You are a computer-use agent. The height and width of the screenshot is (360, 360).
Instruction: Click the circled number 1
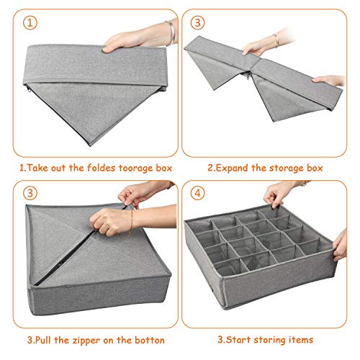coord(30,23)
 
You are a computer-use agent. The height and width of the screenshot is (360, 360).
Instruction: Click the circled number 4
coord(197,193)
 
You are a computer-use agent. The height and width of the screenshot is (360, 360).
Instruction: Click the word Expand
coord(233,168)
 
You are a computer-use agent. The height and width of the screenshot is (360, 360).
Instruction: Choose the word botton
coord(149,341)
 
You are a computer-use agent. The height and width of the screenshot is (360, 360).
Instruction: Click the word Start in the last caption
coord(239,340)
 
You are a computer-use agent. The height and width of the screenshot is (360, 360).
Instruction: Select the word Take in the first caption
coord(38,168)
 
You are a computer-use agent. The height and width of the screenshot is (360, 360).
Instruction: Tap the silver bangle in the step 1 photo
coord(171,32)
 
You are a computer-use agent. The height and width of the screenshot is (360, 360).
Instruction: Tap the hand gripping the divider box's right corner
coord(340,246)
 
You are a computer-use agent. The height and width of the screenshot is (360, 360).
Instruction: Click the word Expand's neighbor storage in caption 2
coord(286,168)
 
